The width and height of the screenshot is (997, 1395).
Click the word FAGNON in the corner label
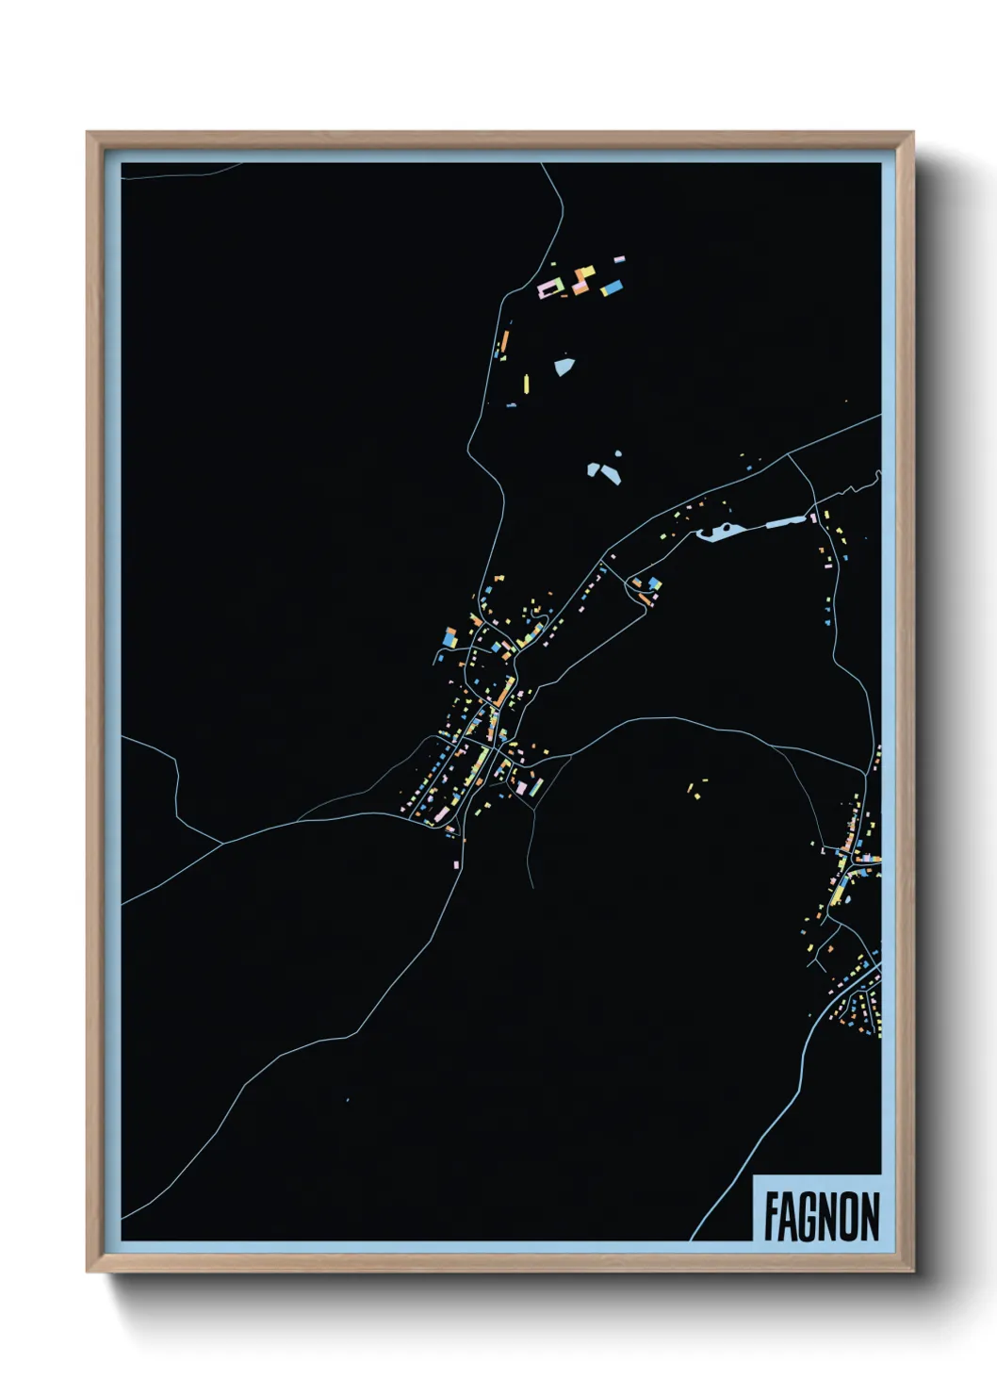821,1217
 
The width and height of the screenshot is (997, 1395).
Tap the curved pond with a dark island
717,533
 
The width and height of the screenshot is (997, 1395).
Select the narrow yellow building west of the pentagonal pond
527,383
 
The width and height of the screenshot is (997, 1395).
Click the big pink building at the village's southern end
521,787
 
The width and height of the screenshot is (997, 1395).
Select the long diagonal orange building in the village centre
506,691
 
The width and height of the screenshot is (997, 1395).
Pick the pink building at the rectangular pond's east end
811,516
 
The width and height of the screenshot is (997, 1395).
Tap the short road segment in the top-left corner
179,172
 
